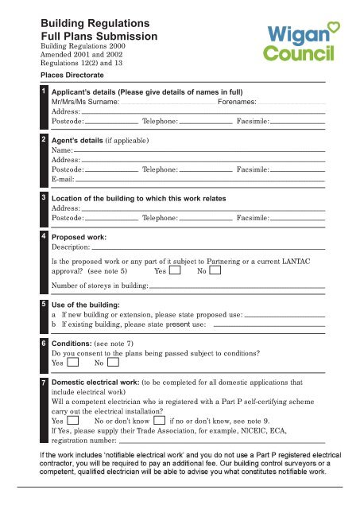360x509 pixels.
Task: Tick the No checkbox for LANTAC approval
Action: pyautogui.click(x=215, y=270)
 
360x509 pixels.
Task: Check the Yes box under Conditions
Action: pyautogui.click(x=73, y=363)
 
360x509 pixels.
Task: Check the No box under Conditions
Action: pyautogui.click(x=114, y=363)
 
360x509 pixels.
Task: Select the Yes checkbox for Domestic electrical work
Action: pyautogui.click(x=73, y=420)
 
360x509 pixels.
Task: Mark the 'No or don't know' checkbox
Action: pyautogui.click(x=160, y=420)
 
